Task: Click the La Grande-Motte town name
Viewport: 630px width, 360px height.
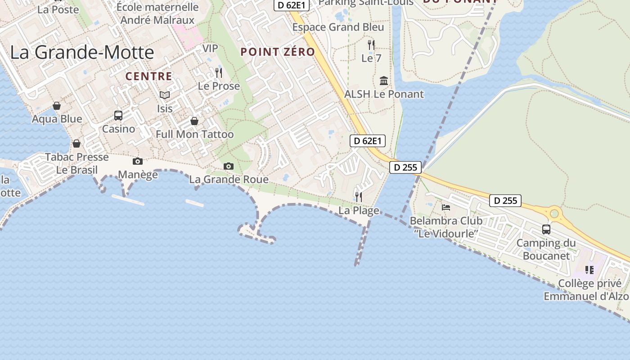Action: (x=82, y=52)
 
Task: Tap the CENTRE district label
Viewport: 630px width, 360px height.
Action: (x=148, y=76)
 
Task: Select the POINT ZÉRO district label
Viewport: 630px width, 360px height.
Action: (x=278, y=52)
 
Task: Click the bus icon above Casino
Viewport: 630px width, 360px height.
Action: (x=118, y=116)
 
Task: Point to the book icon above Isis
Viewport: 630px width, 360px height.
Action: (x=165, y=95)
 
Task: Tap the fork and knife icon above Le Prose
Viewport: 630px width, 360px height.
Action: (x=219, y=73)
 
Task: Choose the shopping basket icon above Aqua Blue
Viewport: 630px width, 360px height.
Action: (x=57, y=106)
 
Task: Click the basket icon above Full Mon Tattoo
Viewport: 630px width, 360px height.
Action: (x=194, y=121)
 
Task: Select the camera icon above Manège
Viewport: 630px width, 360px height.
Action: (x=138, y=161)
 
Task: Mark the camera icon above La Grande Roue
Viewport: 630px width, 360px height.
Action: (x=229, y=166)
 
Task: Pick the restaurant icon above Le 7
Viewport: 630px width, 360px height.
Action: (x=371, y=45)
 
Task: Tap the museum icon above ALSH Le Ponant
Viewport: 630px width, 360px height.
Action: (x=384, y=81)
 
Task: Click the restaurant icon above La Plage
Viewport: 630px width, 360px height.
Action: (x=359, y=197)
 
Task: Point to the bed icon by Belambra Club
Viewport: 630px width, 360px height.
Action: (x=446, y=207)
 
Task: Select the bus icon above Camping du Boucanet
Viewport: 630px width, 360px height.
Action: (x=546, y=229)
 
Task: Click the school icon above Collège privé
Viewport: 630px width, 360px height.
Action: (x=589, y=270)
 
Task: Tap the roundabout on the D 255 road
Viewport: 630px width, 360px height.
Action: (x=554, y=213)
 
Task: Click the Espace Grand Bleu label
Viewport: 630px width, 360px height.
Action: (x=338, y=27)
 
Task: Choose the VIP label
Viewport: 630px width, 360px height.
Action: (x=210, y=48)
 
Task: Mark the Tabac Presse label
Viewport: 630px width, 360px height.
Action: (x=77, y=157)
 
